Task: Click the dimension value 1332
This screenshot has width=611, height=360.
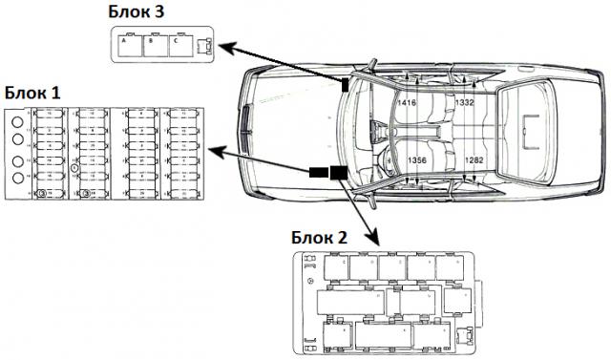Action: click(x=464, y=101)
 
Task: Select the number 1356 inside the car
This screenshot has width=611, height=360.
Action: click(x=417, y=160)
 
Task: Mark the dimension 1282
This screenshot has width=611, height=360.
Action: click(x=474, y=160)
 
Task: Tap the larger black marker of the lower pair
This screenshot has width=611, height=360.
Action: click(x=337, y=173)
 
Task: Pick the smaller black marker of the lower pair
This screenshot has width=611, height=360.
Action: click(x=317, y=173)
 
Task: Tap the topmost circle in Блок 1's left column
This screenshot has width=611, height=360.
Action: click(x=16, y=122)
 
